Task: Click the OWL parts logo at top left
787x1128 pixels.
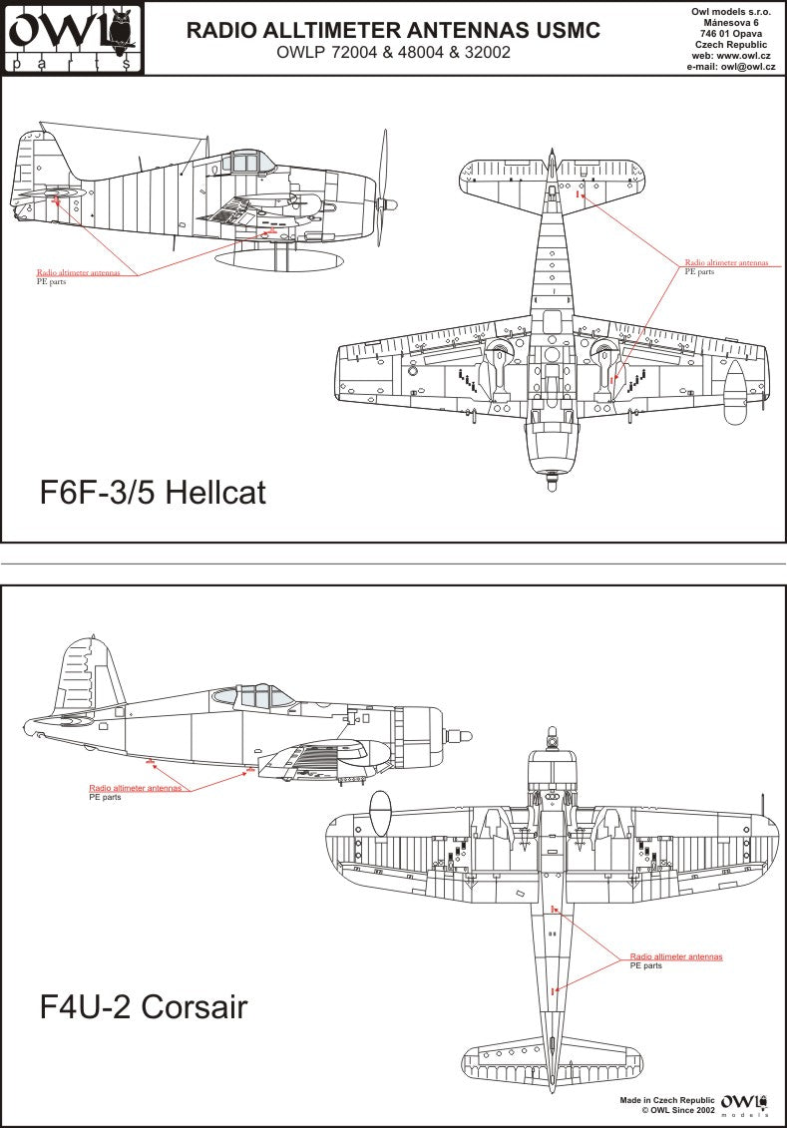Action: point(73,38)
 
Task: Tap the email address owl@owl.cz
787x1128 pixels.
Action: point(748,67)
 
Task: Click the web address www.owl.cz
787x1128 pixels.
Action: point(744,56)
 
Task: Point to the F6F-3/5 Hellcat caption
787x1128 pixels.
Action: point(153,492)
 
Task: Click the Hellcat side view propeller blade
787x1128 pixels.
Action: point(384,188)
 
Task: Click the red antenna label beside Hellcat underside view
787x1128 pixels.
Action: point(726,263)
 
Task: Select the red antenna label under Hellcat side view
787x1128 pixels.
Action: point(79,272)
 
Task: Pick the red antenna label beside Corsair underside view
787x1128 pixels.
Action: point(676,956)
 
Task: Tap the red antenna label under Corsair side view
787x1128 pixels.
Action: point(136,788)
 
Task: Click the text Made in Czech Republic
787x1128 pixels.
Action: point(667,1101)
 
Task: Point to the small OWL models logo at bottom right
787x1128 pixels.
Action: point(744,1104)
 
